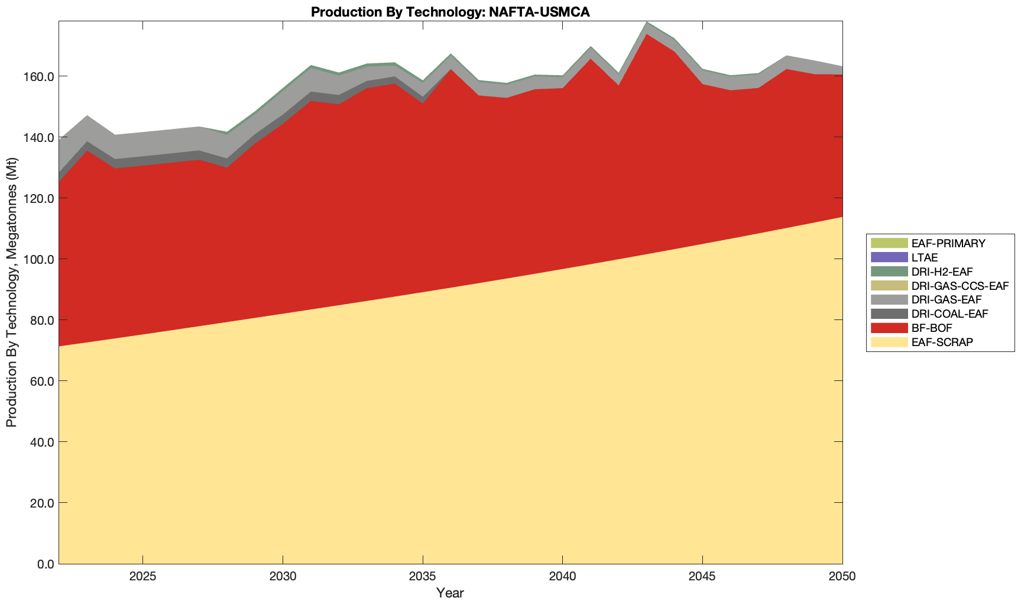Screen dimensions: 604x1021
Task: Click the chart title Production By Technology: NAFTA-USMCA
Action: tap(450, 12)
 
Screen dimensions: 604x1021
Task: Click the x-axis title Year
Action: tap(450, 593)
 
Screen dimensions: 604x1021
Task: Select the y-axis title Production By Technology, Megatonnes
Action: tap(11, 292)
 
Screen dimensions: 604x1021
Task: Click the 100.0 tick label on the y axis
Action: tap(39, 259)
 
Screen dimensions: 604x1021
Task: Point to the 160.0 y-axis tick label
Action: tap(39, 77)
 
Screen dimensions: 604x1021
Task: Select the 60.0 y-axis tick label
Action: tap(41, 381)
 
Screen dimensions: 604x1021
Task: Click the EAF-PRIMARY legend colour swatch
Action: tap(889, 243)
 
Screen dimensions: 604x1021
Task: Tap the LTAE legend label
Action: tap(925, 257)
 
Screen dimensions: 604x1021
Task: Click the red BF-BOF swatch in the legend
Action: tap(889, 328)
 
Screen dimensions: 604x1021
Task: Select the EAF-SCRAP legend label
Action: tap(942, 343)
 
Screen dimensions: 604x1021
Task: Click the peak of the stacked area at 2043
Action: tap(647, 22)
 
